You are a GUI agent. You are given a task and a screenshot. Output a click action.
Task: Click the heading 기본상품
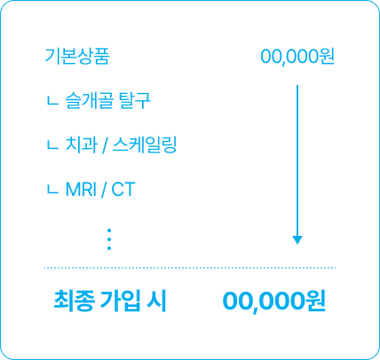pos(77,56)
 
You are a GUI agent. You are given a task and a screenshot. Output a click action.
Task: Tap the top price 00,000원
pos(297,57)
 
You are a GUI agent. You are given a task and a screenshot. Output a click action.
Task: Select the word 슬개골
pos(89,100)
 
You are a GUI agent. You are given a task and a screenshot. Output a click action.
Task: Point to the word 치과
pos(82,145)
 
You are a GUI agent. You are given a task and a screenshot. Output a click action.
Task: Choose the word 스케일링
pos(145,145)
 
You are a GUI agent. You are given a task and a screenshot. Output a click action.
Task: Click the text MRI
pos(81,190)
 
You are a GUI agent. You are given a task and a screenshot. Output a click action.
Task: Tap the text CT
pos(123,190)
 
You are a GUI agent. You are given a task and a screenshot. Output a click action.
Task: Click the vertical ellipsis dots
pos(109,239)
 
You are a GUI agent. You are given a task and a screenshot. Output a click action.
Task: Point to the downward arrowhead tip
pos(297,244)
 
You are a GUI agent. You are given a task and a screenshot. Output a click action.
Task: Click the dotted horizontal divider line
pos(190,268)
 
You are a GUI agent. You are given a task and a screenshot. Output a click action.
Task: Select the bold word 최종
pos(75,301)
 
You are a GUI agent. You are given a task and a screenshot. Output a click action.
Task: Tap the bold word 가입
pos(120,301)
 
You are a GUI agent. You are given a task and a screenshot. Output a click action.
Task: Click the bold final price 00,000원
pos(274,301)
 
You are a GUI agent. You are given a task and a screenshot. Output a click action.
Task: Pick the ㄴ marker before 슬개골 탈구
pos(52,102)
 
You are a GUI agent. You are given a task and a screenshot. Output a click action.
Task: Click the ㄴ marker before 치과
pos(52,146)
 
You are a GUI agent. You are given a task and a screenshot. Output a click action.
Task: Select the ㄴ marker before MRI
pos(52,191)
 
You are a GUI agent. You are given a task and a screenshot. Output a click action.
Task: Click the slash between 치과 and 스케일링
pos(105,145)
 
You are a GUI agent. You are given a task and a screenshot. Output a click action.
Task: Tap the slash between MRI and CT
pos(104,190)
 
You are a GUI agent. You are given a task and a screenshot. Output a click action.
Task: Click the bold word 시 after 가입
pos(156,301)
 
